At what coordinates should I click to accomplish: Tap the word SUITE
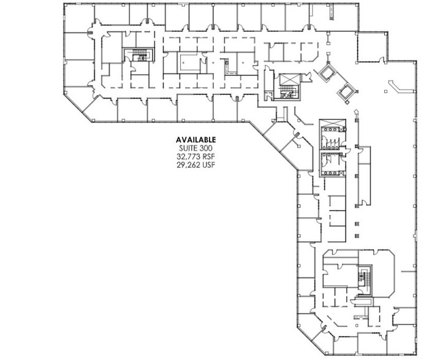188,148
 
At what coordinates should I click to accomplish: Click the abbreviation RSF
209,156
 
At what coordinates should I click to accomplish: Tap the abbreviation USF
209,164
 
